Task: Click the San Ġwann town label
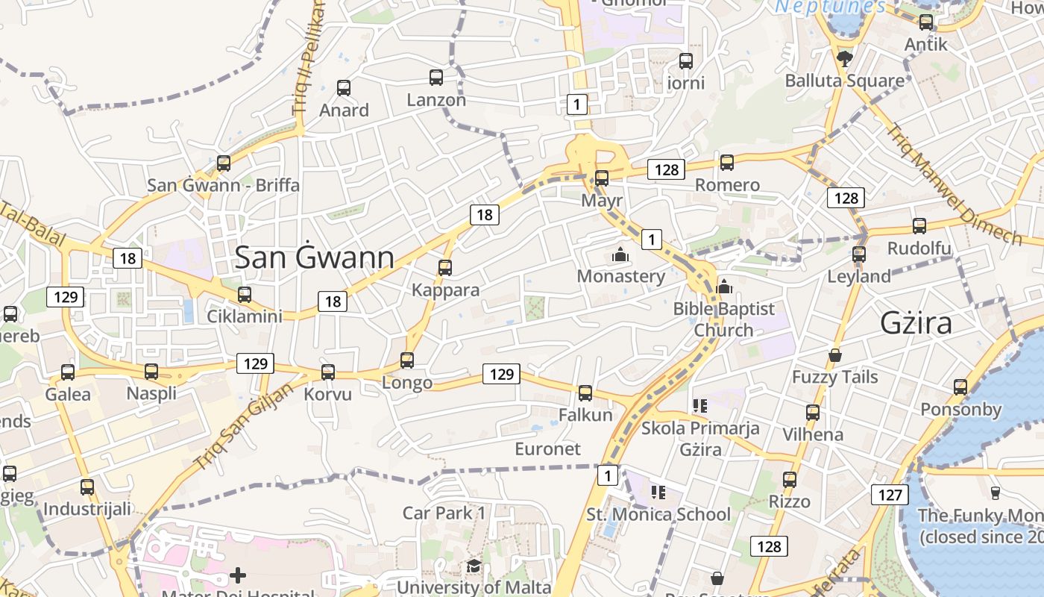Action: [x=314, y=257]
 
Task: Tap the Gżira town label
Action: [x=916, y=323]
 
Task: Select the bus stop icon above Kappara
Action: [x=445, y=267]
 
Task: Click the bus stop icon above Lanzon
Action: [x=436, y=77]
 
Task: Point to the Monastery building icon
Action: [x=620, y=255]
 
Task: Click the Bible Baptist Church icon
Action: [x=723, y=287]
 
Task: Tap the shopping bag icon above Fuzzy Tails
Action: [x=835, y=355]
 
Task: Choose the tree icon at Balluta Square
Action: [x=845, y=58]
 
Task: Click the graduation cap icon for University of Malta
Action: [x=474, y=566]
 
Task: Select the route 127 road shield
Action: [x=890, y=494]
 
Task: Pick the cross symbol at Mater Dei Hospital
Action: [x=238, y=575]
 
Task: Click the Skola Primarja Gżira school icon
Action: [x=699, y=406]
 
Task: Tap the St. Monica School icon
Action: [x=658, y=492]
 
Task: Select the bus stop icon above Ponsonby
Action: [x=960, y=387]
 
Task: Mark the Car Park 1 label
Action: [x=444, y=513]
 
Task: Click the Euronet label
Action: [x=547, y=448]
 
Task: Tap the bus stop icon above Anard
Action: [x=344, y=88]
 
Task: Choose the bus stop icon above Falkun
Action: [x=585, y=393]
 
